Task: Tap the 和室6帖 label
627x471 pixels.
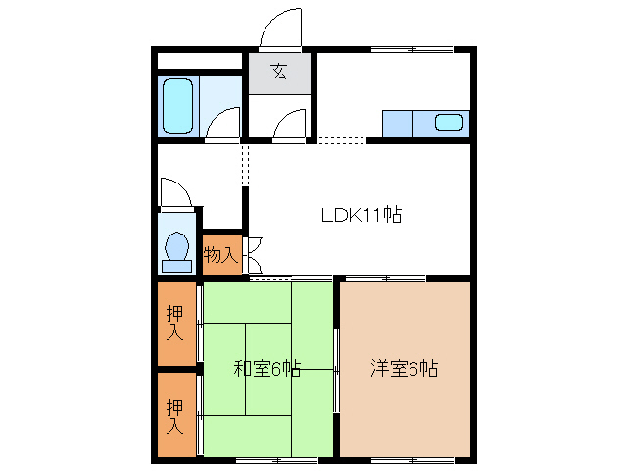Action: click(266, 369)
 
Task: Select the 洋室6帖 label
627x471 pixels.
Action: click(404, 369)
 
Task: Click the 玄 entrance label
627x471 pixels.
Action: click(279, 72)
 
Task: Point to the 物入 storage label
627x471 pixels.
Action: click(219, 255)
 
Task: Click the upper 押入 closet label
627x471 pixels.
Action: click(175, 323)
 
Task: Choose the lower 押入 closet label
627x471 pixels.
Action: click(175, 415)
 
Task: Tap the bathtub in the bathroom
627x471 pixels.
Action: click(179, 106)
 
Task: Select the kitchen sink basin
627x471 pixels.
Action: click(449, 123)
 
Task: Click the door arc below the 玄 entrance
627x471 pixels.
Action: click(291, 126)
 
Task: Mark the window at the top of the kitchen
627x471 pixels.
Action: click(412, 48)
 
